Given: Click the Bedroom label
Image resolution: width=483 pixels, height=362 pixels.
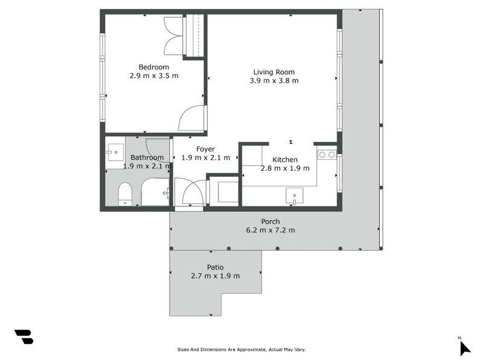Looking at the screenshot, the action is (154, 67).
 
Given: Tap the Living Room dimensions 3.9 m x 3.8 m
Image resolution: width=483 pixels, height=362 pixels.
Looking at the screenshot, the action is (274, 81).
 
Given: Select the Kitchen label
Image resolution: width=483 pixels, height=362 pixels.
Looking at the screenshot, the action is (285, 159).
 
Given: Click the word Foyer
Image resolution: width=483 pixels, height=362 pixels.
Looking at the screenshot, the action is (205, 149).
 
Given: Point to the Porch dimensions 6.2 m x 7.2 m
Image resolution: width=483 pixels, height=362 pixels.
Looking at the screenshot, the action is (270, 230).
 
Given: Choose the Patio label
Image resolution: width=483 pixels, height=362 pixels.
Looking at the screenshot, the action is (215, 267).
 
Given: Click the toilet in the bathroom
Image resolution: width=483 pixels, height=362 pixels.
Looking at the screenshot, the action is (125, 194).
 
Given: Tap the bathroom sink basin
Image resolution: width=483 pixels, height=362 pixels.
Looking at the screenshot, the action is (115, 153).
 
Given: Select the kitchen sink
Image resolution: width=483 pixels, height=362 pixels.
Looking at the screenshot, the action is (295, 196).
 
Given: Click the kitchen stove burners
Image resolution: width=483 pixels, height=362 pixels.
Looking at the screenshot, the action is (327, 154).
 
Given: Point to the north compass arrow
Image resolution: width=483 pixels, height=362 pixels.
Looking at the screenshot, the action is (465, 349).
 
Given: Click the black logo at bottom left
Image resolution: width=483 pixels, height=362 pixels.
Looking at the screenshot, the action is (24, 337).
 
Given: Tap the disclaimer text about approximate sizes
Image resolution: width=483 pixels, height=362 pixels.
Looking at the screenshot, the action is (241, 349).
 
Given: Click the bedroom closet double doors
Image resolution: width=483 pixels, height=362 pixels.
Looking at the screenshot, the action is (173, 36).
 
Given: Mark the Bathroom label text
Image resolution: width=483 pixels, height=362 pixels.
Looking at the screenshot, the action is (147, 157).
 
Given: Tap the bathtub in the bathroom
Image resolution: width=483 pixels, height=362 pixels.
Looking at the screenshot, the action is (155, 192).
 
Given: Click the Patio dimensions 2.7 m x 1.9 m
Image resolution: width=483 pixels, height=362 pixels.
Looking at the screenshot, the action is (215, 276).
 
